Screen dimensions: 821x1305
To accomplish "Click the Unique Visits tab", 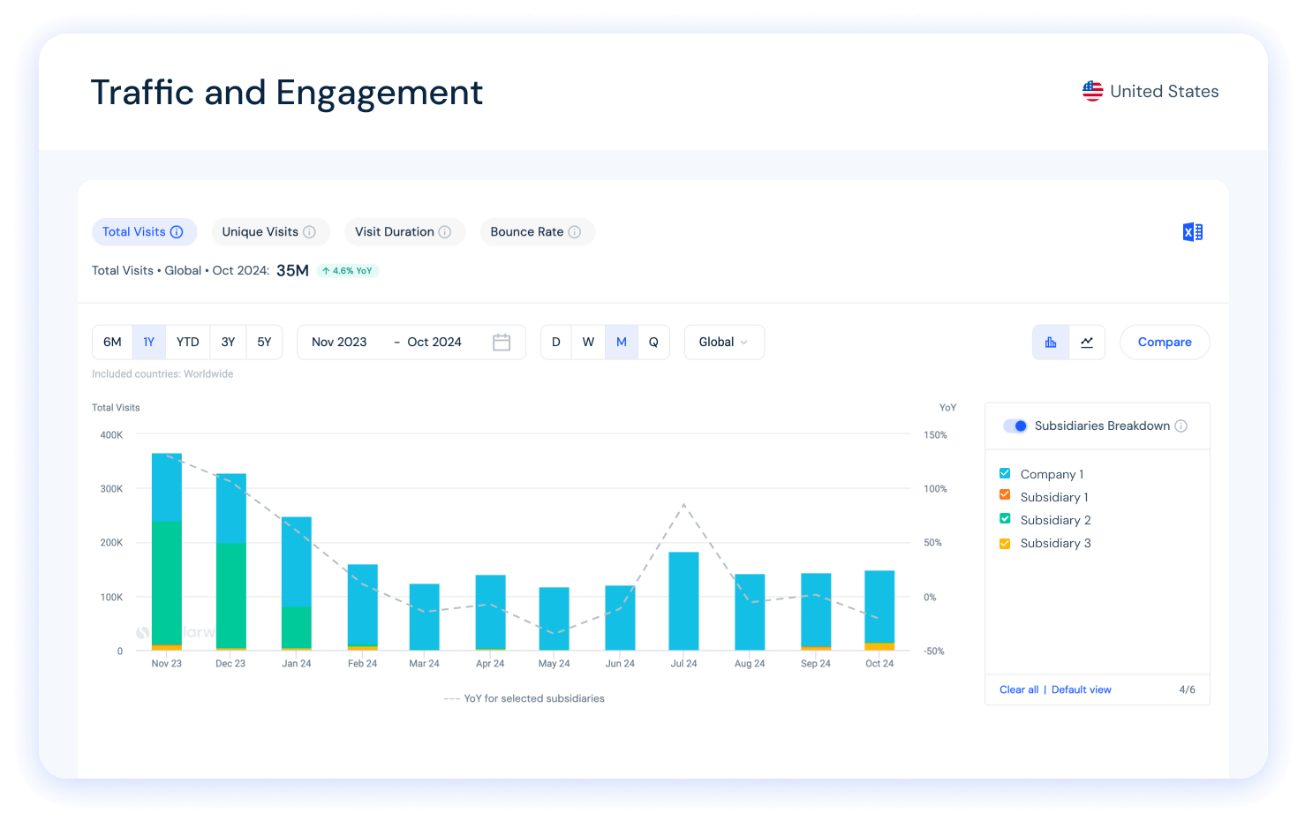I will click(x=269, y=232).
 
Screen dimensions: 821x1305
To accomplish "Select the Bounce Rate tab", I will click(x=536, y=232).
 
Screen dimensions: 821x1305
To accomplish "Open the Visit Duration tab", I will click(x=404, y=232).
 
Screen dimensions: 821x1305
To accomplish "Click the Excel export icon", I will click(x=1192, y=232).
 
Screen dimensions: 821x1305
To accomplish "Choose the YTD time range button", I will click(x=187, y=343).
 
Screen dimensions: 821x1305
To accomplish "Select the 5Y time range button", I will click(x=264, y=343).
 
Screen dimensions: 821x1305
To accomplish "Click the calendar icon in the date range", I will click(x=502, y=343).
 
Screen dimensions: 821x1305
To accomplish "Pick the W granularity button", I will click(x=588, y=343).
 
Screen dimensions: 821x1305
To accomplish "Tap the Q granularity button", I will click(x=653, y=343).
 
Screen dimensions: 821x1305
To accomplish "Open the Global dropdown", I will click(x=724, y=343).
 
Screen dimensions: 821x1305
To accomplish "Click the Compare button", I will click(x=1165, y=343).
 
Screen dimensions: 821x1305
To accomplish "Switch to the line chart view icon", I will click(x=1087, y=343).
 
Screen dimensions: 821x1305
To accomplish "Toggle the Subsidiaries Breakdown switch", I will click(x=1015, y=426).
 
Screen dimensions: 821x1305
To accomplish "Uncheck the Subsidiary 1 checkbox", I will click(x=1005, y=495).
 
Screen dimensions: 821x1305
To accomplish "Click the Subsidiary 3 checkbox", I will click(x=1005, y=543).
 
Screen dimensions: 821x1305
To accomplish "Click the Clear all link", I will click(x=1019, y=689).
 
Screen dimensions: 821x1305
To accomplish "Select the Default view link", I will click(x=1082, y=689).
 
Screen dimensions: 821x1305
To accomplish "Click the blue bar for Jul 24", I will click(x=683, y=600).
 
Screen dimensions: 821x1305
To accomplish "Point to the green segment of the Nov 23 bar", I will click(x=167, y=583).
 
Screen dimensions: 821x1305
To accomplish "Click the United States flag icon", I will click(x=1093, y=91).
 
